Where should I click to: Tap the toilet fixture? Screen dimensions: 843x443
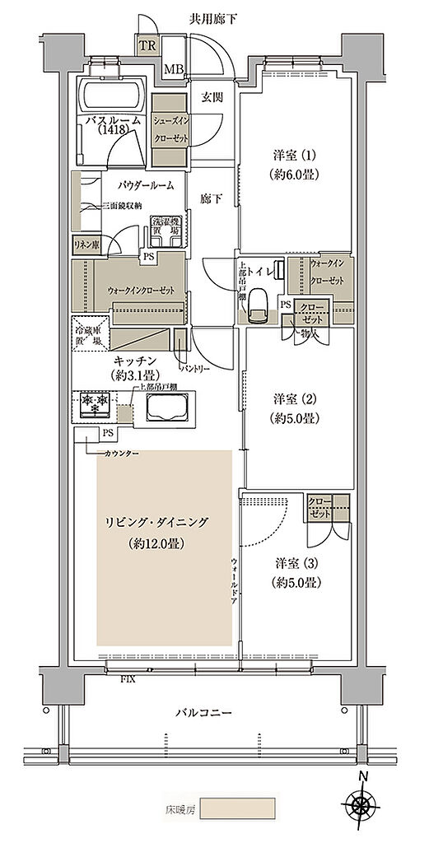tap(257, 306)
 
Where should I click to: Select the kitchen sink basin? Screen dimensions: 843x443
tap(167, 407)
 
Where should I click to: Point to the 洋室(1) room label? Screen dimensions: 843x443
tap(296, 164)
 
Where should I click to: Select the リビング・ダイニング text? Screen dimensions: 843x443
tap(156, 522)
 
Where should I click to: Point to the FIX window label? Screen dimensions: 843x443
tap(128, 679)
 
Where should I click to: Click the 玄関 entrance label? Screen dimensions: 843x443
tap(212, 96)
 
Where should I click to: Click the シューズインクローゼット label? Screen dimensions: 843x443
tap(170, 128)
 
